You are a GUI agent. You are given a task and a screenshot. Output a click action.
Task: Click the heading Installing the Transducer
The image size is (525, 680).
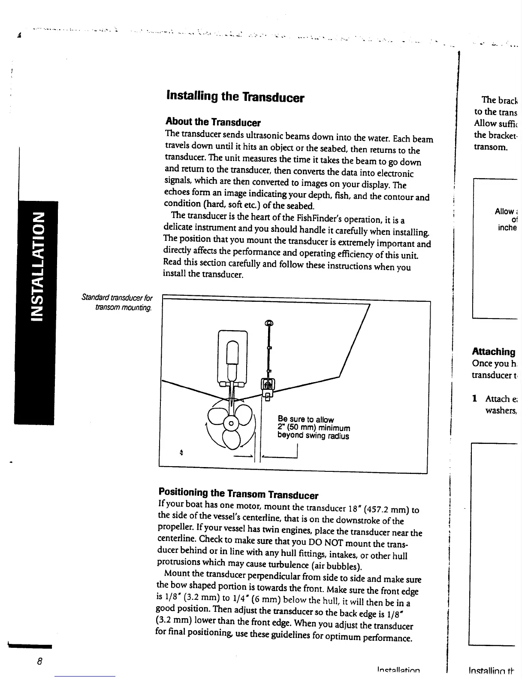click(235, 97)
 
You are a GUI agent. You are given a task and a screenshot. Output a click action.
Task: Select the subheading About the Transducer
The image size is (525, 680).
click(213, 122)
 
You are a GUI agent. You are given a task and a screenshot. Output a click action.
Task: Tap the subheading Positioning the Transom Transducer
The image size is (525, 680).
click(238, 493)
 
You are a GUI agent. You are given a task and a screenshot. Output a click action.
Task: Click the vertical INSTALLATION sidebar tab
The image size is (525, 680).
click(37, 266)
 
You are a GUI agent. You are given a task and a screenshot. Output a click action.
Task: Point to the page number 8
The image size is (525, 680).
click(39, 661)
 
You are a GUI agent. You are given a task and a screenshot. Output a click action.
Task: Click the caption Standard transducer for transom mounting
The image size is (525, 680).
click(117, 303)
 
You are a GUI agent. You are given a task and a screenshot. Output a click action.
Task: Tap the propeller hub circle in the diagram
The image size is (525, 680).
click(231, 423)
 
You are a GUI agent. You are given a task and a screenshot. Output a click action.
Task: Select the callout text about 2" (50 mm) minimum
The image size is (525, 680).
click(314, 428)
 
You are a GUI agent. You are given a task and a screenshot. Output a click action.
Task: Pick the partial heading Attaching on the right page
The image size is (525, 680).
click(494, 352)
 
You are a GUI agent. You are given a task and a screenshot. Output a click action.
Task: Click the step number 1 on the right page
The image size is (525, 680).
click(475, 398)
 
